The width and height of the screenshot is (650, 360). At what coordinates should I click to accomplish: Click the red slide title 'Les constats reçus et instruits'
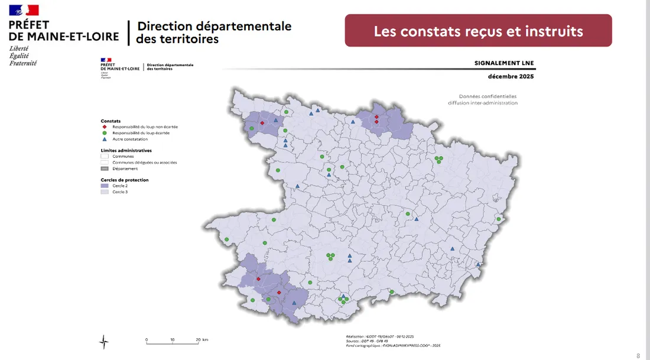click(x=478, y=31)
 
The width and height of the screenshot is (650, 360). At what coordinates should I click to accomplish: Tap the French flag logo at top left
click(x=24, y=10)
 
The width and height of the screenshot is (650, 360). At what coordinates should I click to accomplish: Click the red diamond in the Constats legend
click(x=105, y=127)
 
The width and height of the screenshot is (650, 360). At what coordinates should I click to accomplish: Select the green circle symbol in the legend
click(x=105, y=133)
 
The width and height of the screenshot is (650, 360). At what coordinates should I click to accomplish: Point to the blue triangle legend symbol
click(x=105, y=140)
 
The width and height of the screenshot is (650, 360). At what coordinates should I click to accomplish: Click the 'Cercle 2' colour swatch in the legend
click(x=105, y=186)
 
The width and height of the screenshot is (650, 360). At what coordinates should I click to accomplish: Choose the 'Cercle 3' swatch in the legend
click(x=105, y=192)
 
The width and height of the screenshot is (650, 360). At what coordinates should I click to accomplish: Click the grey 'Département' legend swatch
click(x=105, y=168)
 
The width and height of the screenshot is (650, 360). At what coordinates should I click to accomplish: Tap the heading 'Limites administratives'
click(x=126, y=150)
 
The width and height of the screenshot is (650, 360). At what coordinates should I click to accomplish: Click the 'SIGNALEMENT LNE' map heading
click(x=504, y=63)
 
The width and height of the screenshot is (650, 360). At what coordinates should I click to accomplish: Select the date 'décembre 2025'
click(x=511, y=77)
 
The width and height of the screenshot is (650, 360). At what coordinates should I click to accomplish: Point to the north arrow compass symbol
click(x=104, y=341)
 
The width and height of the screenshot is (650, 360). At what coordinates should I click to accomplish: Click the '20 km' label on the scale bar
click(x=201, y=340)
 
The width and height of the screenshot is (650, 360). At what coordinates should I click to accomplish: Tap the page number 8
click(x=638, y=356)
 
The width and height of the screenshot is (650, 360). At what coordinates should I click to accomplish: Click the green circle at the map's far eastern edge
click(x=499, y=219)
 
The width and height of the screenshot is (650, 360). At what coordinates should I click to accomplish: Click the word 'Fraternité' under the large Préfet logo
click(x=23, y=63)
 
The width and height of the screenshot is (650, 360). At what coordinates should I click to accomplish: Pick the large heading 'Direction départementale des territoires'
click(x=213, y=33)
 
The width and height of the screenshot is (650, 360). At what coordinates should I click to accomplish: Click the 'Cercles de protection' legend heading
click(x=125, y=180)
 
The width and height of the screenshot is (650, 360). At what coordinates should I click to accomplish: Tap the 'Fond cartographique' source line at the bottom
click(x=393, y=345)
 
